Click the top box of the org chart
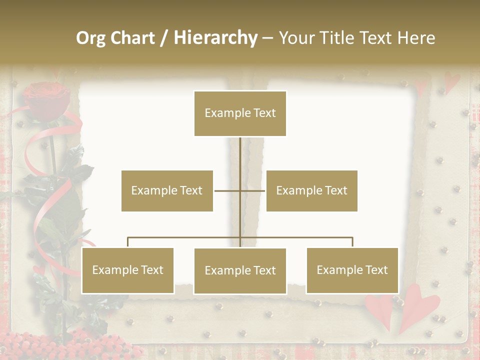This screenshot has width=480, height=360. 240,113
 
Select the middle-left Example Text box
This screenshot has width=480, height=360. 167,190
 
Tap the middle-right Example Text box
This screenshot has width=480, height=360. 311,190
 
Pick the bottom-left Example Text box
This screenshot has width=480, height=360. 127,270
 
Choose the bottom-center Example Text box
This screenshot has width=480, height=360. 240,270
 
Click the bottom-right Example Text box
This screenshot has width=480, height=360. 352,270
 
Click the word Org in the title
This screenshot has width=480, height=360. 90,38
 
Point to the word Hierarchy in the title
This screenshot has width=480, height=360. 215,38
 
